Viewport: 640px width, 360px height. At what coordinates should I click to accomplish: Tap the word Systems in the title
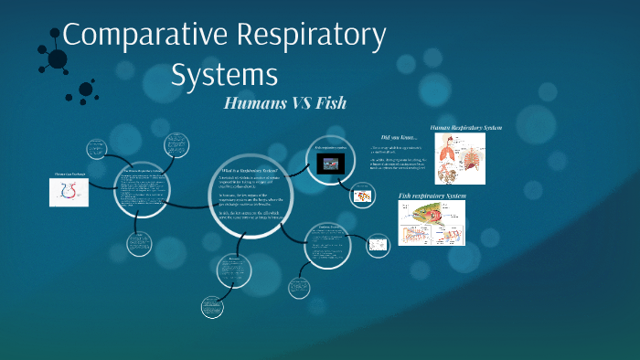225,73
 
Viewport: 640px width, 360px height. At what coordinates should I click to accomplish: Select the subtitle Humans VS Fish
284,102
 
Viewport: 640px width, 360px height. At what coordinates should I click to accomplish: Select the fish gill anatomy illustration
438,223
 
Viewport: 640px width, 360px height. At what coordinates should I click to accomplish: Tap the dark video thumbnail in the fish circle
328,163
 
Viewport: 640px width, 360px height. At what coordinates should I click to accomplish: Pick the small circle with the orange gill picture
364,195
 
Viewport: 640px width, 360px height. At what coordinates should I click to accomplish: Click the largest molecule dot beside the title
57,59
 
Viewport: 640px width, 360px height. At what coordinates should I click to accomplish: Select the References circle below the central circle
234,271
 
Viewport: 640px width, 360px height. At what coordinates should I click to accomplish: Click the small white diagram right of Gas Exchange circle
377,244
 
